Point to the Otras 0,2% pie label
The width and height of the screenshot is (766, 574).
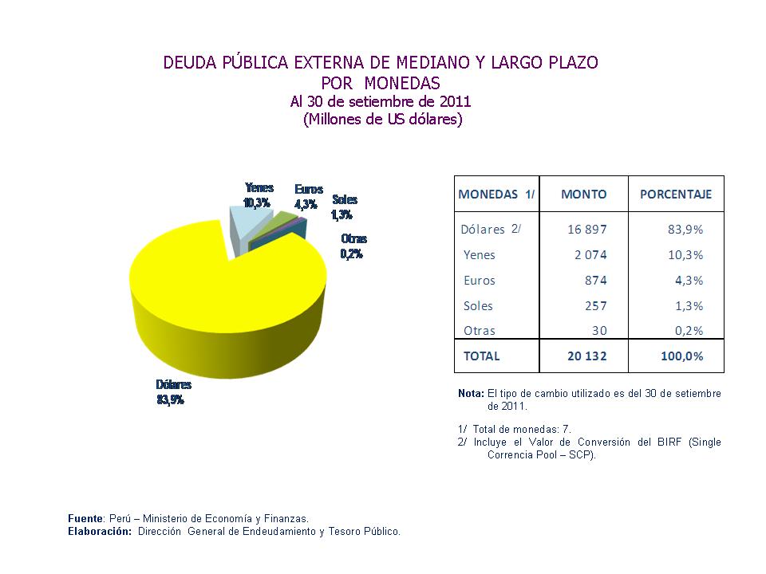tap(353, 246)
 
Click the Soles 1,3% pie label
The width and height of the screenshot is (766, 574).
tap(344, 207)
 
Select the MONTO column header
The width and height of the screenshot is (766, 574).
tap(583, 195)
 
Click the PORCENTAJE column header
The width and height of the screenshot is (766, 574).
tap(676, 195)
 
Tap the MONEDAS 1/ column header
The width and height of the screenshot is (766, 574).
tap(496, 195)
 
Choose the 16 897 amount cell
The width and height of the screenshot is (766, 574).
tap(587, 230)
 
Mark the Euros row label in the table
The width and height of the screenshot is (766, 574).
tap(479, 281)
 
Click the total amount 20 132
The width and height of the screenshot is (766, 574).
tap(586, 356)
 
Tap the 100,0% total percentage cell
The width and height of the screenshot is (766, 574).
tap(681, 356)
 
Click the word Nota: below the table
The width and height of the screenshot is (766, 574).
tap(471, 394)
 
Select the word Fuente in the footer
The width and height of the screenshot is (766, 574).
tap(85, 518)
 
